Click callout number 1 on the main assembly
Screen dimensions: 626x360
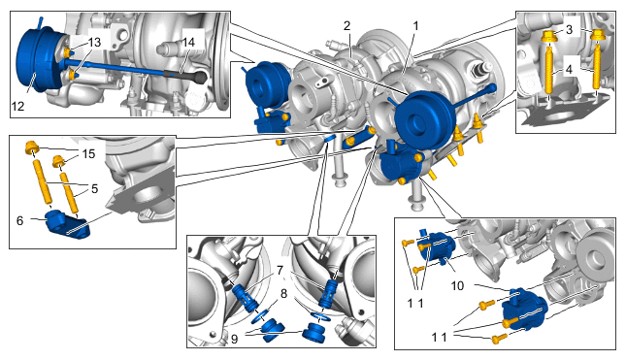[x=415, y=26]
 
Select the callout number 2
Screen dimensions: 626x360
[x=346, y=26]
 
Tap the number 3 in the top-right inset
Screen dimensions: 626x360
[x=569, y=29]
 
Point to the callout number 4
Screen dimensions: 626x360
[x=569, y=70]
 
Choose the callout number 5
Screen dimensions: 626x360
[x=94, y=188]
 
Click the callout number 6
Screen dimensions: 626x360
[x=20, y=220]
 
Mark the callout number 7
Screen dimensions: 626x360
[x=280, y=271]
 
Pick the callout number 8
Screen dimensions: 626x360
[x=283, y=294]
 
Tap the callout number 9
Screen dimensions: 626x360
[x=234, y=339]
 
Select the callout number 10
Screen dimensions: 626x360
[x=457, y=285]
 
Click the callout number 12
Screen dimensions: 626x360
[x=18, y=106]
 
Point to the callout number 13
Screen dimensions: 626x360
[x=94, y=43]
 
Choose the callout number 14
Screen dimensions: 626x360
[x=188, y=42]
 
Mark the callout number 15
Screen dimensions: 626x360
[x=88, y=153]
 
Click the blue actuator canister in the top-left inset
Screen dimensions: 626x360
[x=39, y=60]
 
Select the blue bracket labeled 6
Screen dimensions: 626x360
[x=67, y=225]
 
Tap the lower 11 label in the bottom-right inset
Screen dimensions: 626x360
[x=439, y=338]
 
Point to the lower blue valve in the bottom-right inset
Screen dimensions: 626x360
[x=524, y=311]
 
